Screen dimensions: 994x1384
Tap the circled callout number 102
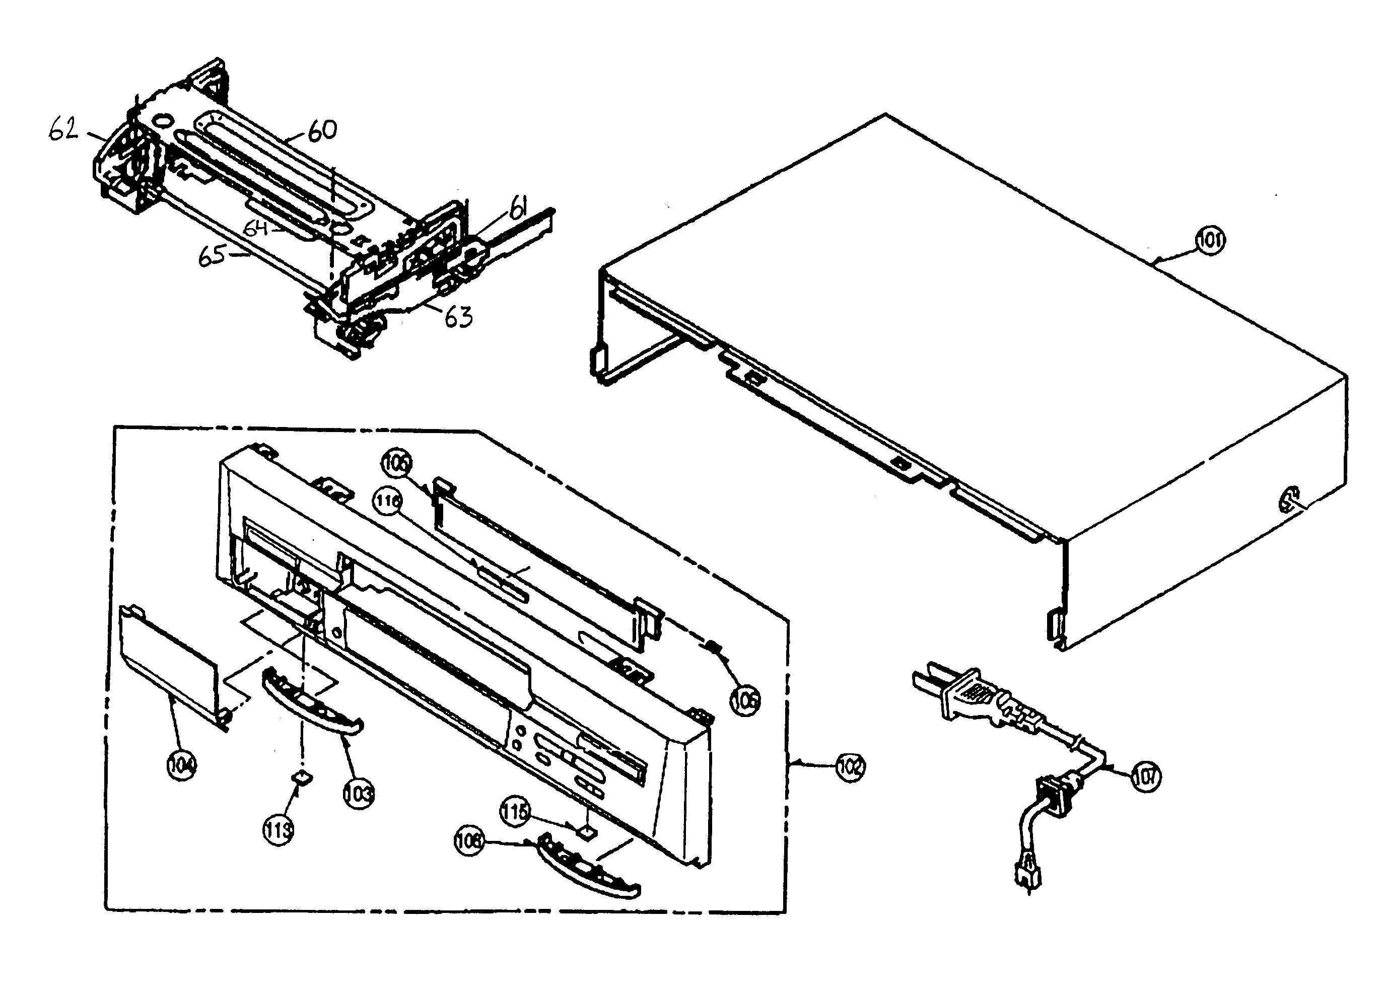pyautogui.click(x=850, y=767)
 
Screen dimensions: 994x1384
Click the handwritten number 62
pyautogui.click(x=63, y=129)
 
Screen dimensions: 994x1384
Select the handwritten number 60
pyautogui.click(x=322, y=130)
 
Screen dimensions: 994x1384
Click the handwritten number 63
pyautogui.click(x=458, y=317)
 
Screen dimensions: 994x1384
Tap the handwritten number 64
pyautogui.click(x=256, y=228)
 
